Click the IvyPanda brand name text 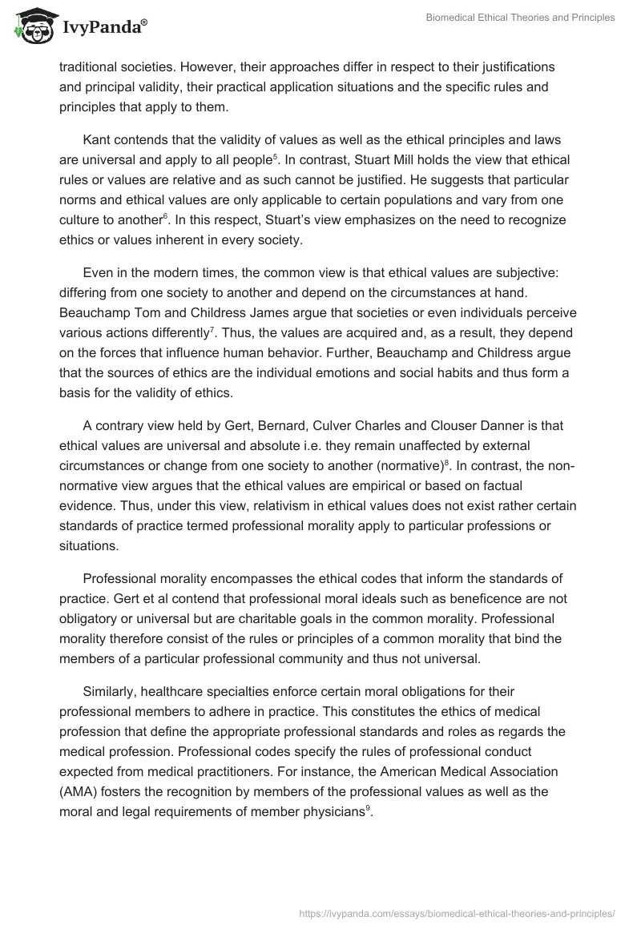point(103,28)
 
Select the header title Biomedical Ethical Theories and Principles point(520,17)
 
